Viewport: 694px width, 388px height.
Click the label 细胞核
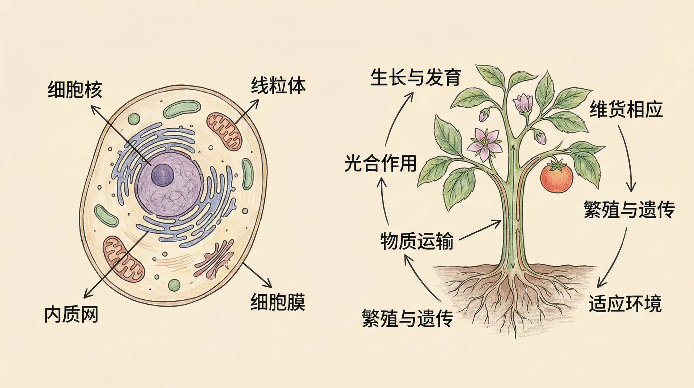pos(75,90)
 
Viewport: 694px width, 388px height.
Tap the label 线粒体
pos(278,86)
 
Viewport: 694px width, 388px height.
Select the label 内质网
pos(71,314)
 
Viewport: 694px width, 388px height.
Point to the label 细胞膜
pos(278,302)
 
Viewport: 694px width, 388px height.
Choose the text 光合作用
pos(380,163)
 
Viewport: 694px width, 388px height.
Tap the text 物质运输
pos(416,241)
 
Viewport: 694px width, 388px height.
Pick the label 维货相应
pos(626,109)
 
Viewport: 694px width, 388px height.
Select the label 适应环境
pos(625,303)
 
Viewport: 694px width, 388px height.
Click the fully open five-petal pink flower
pos(484,144)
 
